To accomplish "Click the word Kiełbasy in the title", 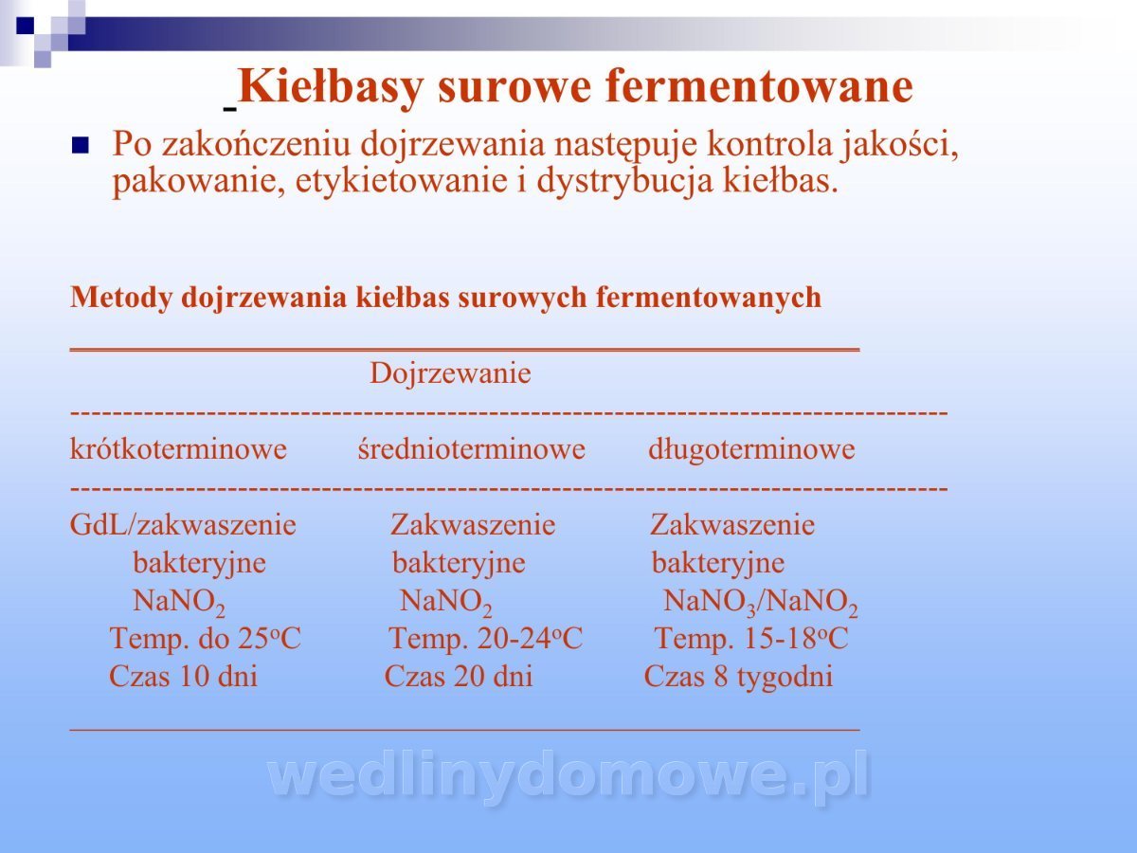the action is (331, 88).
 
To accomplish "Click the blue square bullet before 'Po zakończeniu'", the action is (81, 145).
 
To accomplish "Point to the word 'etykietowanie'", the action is (402, 181).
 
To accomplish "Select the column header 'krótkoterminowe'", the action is (178, 448).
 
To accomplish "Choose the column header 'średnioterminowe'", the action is (471, 448).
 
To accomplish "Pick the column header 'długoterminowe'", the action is (751, 449).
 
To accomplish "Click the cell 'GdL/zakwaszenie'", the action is (183, 525).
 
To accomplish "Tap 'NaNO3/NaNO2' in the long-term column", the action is (761, 603).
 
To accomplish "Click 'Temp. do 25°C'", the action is (205, 638).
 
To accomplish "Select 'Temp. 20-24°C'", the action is (486, 638).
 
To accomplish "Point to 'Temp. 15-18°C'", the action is (751, 638).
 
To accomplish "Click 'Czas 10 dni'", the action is (184, 676).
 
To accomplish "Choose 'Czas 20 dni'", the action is (459, 676).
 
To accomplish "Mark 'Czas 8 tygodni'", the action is (739, 678).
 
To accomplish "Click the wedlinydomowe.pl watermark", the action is (568, 777).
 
